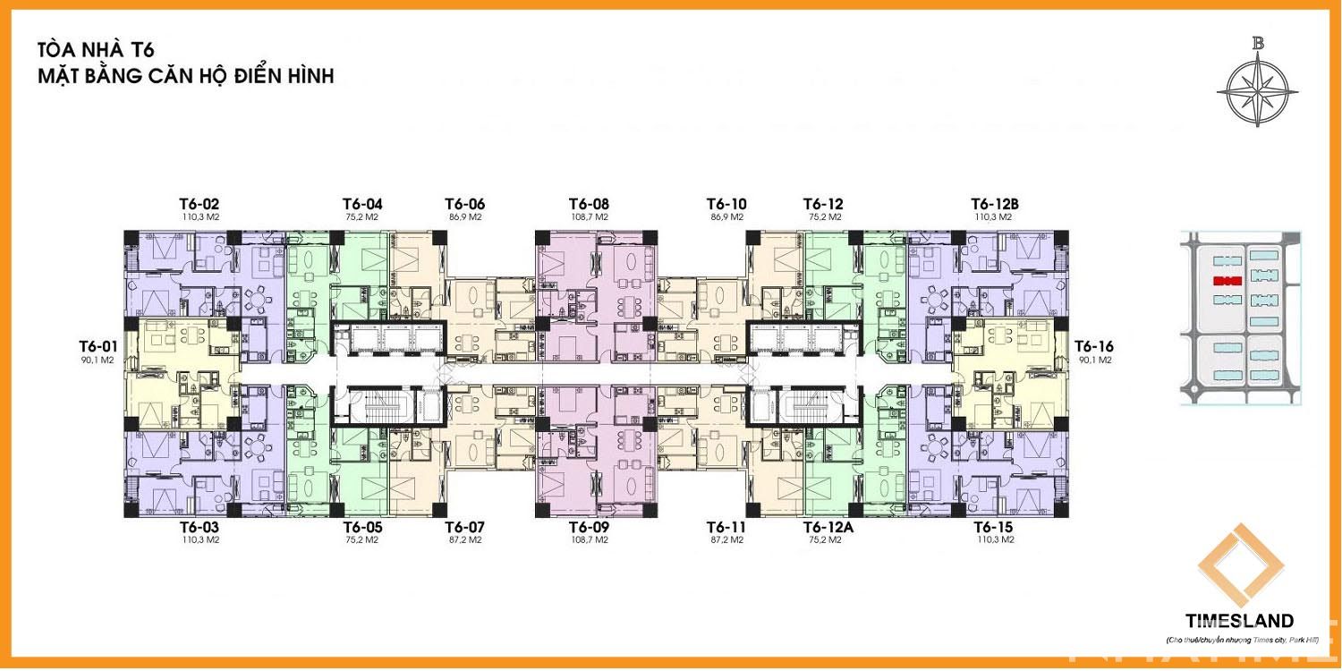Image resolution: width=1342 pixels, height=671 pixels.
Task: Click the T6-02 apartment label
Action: coord(200,203)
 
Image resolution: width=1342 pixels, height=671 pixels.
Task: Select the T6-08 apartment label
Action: coord(589,203)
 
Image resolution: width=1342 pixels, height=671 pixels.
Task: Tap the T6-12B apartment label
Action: coord(995,203)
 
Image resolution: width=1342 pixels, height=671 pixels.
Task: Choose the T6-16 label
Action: coord(1093,345)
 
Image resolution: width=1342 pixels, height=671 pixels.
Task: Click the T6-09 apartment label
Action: coord(589,526)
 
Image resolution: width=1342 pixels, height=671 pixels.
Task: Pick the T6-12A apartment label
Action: coord(828,526)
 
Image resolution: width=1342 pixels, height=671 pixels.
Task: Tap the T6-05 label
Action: coord(363,526)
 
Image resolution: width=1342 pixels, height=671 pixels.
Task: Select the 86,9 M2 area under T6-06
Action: coord(465,217)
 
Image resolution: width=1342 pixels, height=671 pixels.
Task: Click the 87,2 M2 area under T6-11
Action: coord(726,539)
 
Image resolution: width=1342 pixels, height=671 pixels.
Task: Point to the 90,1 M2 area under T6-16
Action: coord(1093,360)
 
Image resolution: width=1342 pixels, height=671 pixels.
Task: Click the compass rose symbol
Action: coord(1257,89)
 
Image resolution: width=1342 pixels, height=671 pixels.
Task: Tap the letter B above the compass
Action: coord(1258,42)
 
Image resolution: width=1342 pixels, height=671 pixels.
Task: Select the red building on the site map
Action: coord(1226,281)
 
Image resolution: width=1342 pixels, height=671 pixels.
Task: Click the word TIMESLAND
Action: coord(1239,621)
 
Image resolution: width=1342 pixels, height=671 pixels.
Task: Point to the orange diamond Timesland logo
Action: coord(1241,566)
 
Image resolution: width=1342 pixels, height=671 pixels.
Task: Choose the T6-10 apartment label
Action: coord(726,203)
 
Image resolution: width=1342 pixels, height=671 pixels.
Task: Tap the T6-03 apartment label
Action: coord(200,526)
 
